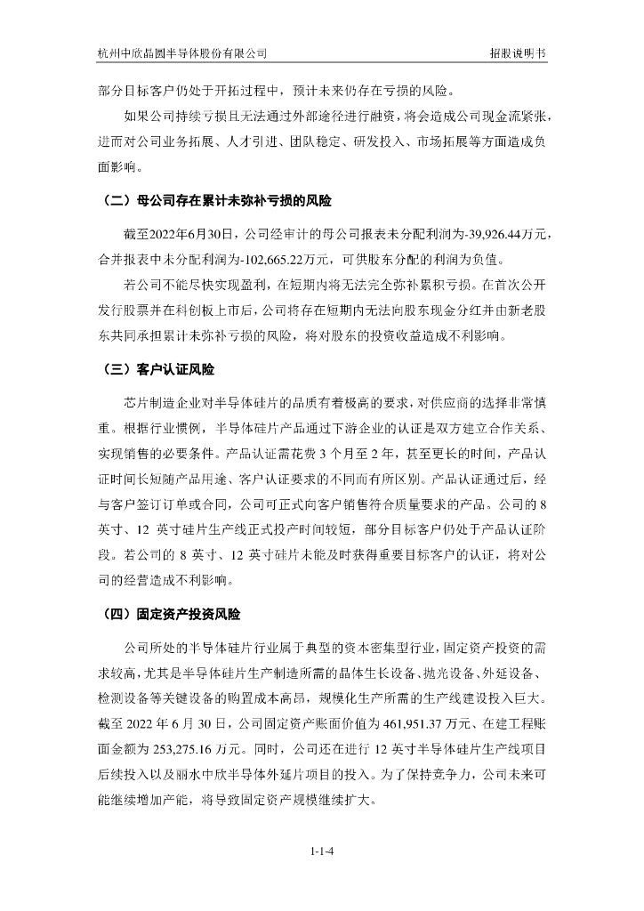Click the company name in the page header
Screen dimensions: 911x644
click(x=182, y=53)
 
